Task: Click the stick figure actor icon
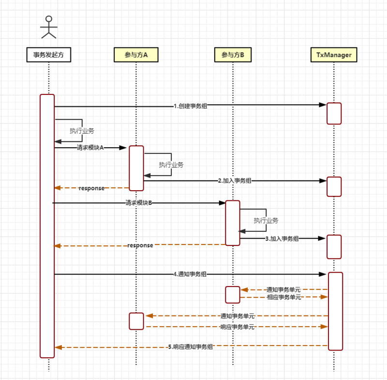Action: pos(48,27)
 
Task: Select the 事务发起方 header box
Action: pos(49,55)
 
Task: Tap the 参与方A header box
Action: pos(136,55)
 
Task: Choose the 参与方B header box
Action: pos(233,55)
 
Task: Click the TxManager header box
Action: pos(334,55)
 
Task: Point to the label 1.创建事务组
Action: pos(191,106)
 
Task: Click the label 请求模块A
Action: pos(90,148)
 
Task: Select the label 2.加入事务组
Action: pos(235,181)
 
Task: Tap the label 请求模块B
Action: pos(139,203)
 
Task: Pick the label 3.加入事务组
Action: pos(282,239)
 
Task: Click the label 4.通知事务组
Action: pos(190,274)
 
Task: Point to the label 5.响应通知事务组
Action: pos(191,347)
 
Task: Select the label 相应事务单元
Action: pos(283,297)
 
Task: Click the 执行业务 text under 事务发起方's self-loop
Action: pos(81,131)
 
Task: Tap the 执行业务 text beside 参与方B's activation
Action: pos(266,220)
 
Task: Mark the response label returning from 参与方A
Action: pos(91,188)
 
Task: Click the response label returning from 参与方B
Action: pos(140,245)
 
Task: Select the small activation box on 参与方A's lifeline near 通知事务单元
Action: pos(136,321)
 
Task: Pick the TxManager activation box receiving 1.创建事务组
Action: pos(334,113)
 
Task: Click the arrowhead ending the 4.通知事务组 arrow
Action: pos(324,274)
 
